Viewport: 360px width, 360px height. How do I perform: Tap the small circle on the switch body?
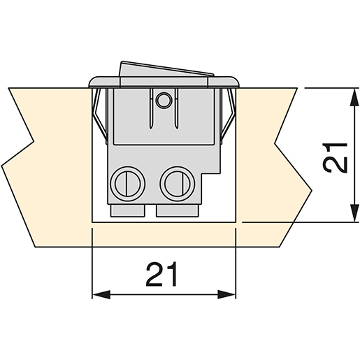(164, 100)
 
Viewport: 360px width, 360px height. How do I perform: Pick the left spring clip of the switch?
(98, 115)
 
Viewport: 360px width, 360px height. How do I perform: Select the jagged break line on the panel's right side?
(294, 161)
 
